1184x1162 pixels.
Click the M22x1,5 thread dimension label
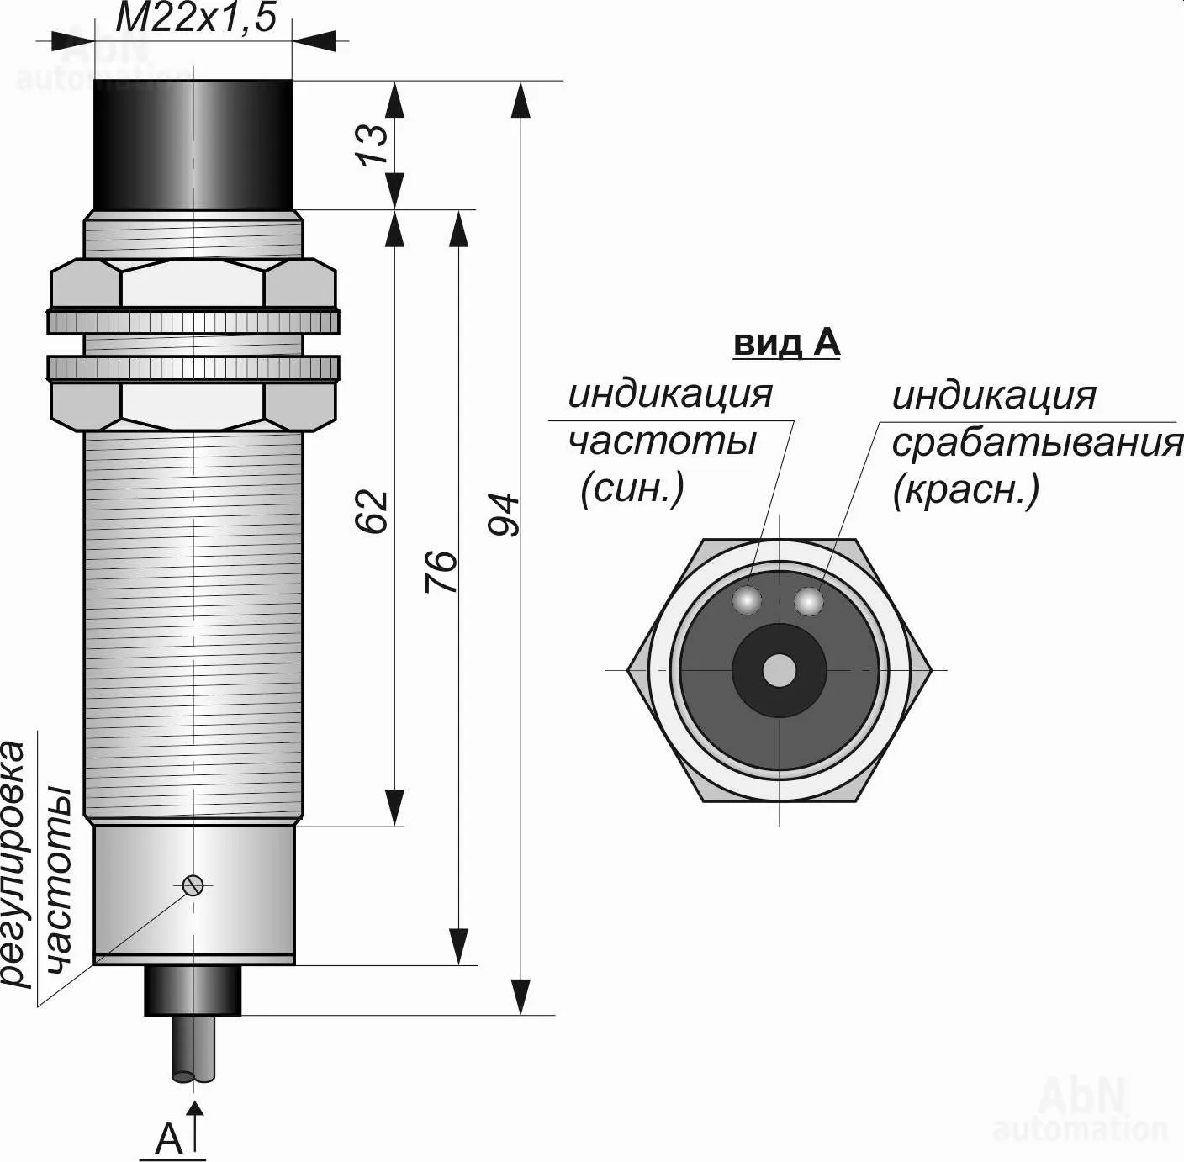pos(195,17)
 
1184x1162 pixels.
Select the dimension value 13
pos(374,144)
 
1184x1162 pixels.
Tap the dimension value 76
pos(441,572)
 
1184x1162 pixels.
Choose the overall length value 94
pos(504,515)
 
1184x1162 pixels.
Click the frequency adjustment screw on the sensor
pos(193,885)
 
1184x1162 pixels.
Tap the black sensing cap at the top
pos(193,144)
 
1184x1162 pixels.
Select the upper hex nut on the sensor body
pos(193,283)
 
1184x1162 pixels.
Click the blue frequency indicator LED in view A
pos(747,600)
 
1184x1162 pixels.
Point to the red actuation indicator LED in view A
pos(808,601)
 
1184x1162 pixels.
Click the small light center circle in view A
pos(780,670)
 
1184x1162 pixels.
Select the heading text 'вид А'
pos(786,343)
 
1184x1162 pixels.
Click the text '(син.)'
pos(632,488)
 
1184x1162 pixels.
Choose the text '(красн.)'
pos(966,489)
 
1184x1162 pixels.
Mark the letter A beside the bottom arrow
pos(169,1139)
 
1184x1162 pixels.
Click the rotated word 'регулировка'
pos(14,862)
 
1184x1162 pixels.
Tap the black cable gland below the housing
pos(193,990)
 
